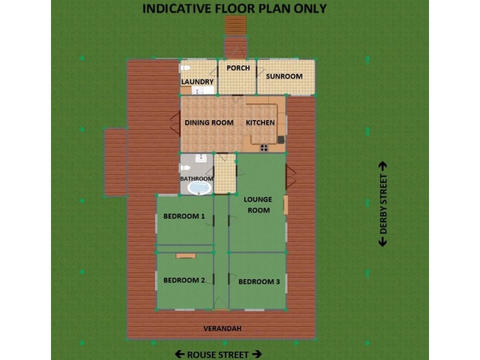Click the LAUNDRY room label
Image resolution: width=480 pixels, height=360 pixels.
197,82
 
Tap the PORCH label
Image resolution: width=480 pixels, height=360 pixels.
238,68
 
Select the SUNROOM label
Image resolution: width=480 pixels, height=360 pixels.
284,76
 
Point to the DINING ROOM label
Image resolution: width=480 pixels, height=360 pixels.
209,122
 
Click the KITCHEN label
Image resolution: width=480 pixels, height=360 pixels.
260,122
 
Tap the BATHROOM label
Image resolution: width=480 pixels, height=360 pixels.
197,178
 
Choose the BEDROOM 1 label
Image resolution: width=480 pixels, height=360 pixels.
184,216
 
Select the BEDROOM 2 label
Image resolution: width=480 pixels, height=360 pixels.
184,280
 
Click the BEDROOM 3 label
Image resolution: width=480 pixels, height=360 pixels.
259,281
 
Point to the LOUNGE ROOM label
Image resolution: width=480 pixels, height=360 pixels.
257,205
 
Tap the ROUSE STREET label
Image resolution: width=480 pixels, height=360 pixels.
218,354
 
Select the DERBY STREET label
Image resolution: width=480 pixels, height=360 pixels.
383,204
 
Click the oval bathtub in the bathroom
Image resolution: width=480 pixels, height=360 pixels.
199,188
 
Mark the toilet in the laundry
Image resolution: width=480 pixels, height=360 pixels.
186,67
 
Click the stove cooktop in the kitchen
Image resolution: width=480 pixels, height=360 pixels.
264,147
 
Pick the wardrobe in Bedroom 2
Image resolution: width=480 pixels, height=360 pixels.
185,256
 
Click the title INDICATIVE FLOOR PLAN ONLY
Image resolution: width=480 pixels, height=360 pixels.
234,8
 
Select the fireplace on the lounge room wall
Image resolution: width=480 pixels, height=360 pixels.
286,205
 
